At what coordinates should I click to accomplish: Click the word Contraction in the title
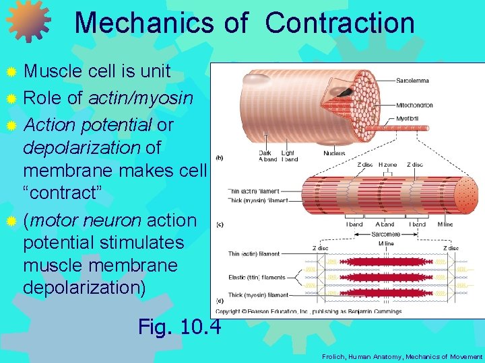point(339,22)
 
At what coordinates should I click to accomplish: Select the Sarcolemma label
point(412,81)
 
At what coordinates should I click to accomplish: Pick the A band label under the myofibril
point(385,224)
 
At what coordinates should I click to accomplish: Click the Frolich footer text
point(402,356)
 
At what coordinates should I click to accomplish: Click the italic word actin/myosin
point(139,98)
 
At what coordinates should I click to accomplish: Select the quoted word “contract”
point(62,193)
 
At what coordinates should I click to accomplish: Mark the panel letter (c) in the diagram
point(220,225)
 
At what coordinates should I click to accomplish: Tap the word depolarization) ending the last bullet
point(84,287)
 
